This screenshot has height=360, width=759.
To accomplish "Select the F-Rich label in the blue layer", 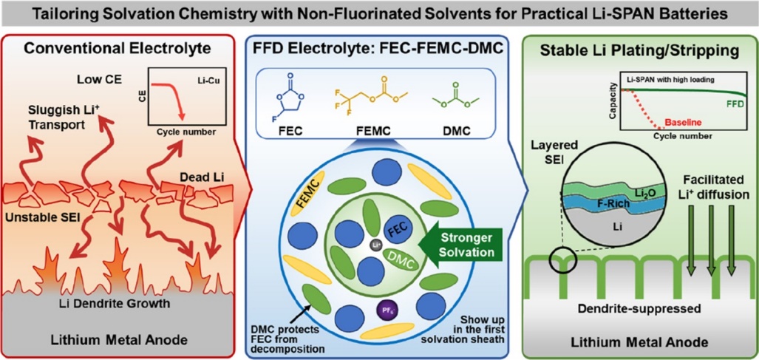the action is [x=612, y=204].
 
